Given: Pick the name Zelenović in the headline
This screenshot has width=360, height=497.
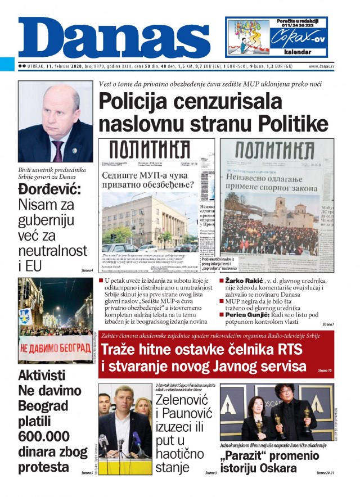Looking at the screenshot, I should (x=182, y=401).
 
